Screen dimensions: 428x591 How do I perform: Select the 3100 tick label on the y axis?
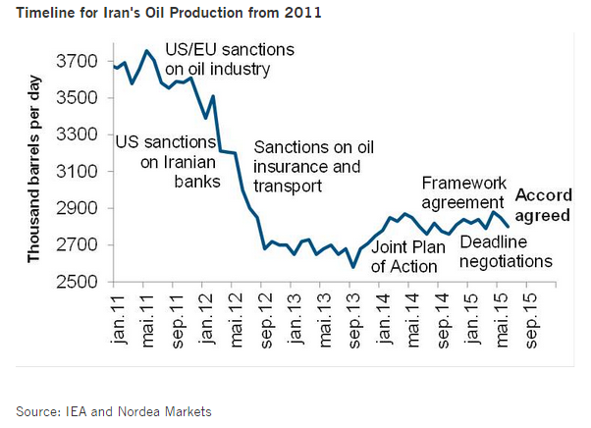tap(79, 172)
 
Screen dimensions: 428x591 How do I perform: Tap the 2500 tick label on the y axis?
tap(79, 282)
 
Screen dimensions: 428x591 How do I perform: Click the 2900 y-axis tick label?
tap(79, 208)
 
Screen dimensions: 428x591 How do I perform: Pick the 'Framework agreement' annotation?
tap(463, 192)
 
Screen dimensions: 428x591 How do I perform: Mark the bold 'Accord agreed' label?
tap(544, 204)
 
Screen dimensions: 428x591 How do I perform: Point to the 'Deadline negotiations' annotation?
tap(505, 251)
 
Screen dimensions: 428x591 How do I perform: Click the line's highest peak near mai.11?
tap(146, 51)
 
